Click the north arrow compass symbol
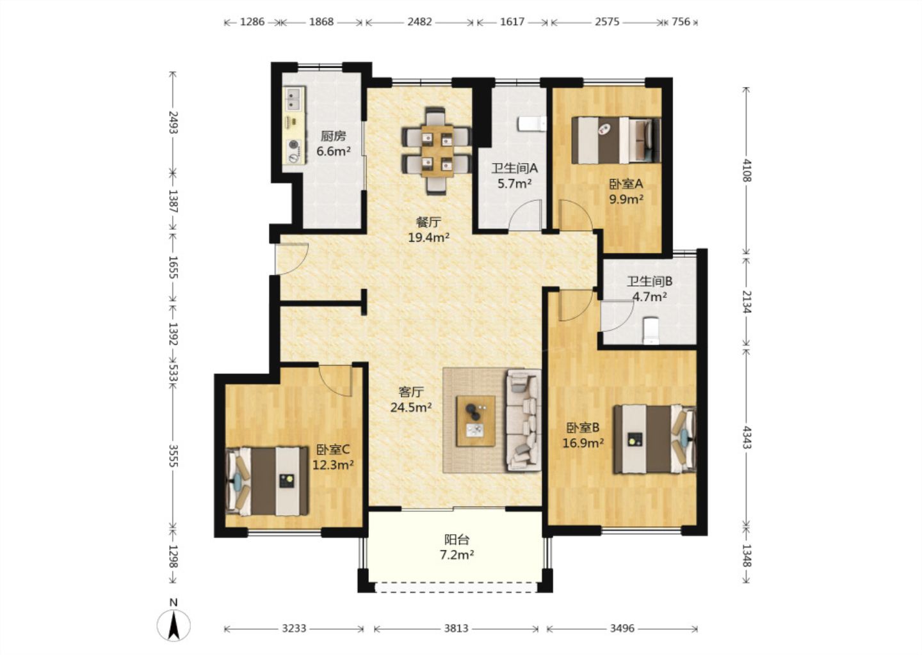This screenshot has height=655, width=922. click(x=174, y=624)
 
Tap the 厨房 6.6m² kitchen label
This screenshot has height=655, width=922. click(x=334, y=143)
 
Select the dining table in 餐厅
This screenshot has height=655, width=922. click(x=437, y=151)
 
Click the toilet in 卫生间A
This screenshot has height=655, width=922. click(x=532, y=123)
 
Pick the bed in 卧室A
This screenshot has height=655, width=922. click(x=616, y=141)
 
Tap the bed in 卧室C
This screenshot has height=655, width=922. click(x=267, y=481)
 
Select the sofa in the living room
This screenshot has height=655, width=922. click(x=523, y=420)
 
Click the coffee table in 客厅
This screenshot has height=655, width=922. click(x=476, y=421)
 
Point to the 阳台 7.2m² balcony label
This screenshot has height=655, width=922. click(x=457, y=548)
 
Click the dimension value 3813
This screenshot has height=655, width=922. click(x=456, y=628)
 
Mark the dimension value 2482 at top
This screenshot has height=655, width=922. click(x=419, y=21)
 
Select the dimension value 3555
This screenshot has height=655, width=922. click(x=174, y=455)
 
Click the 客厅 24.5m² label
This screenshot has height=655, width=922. click(x=411, y=399)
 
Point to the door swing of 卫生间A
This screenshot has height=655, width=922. click(x=525, y=215)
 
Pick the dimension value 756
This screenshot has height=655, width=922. click(x=681, y=21)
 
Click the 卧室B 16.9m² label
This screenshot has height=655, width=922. click(x=583, y=436)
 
